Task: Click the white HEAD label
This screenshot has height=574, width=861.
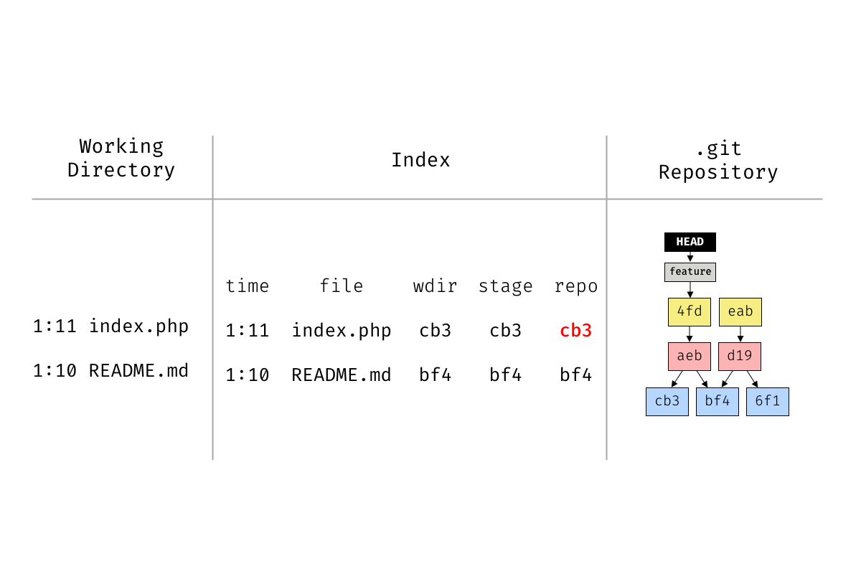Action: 690,242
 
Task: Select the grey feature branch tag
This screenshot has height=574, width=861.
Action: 690,272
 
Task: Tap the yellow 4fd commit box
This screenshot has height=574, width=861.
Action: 690,312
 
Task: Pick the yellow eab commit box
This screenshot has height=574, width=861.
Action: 740,312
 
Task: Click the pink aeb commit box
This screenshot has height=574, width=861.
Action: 690,357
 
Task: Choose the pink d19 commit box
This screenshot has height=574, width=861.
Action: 740,357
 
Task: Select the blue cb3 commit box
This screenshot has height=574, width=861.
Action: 667,402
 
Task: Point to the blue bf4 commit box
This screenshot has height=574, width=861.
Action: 717,402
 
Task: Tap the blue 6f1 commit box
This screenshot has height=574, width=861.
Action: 768,402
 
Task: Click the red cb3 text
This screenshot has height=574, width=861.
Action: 575,331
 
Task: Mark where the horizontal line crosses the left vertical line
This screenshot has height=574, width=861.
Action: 212,199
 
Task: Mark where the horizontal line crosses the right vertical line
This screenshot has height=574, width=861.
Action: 606,199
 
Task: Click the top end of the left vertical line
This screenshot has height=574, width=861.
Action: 212,136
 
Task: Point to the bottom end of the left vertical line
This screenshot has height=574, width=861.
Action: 212,459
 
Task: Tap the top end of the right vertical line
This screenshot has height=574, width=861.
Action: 606,136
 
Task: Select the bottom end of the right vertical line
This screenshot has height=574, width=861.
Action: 606,459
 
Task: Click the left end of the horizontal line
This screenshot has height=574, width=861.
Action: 32,199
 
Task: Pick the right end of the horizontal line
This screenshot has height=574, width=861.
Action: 822,199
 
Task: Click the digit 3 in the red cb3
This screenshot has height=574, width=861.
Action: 587,331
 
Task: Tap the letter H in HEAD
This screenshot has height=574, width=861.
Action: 679,242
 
